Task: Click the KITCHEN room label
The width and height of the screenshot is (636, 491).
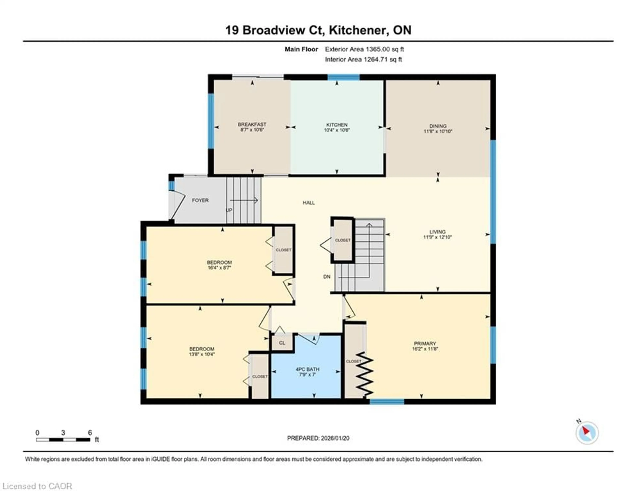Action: click(x=337, y=125)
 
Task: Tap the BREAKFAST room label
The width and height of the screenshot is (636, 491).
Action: click(x=252, y=124)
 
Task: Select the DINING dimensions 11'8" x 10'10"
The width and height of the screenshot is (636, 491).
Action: click(x=438, y=131)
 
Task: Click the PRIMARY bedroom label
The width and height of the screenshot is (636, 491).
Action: click(x=425, y=344)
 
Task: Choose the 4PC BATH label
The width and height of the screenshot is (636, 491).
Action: click(x=308, y=369)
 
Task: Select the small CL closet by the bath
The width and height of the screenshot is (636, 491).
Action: click(x=282, y=343)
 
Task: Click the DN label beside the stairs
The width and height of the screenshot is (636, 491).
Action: click(x=327, y=277)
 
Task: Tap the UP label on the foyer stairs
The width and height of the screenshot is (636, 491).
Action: click(x=229, y=210)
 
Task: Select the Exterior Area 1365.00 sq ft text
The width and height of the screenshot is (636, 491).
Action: click(x=364, y=49)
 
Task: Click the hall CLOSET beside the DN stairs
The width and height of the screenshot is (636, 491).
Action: click(x=343, y=240)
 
